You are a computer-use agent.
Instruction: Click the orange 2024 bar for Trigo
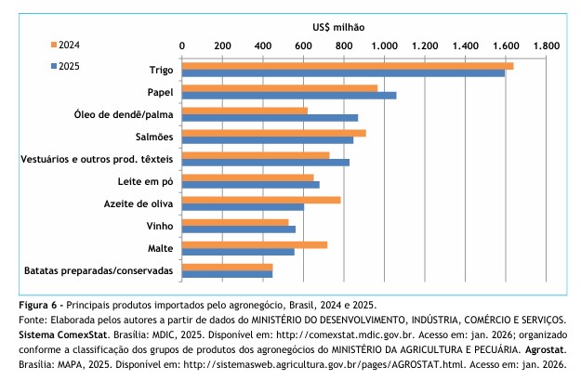coord(348,66)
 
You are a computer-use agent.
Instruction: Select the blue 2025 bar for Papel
coord(289,96)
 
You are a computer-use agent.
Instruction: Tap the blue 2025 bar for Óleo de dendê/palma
coord(270,118)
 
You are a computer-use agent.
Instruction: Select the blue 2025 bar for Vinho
coord(239,229)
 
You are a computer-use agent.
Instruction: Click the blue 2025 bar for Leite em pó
coord(251,185)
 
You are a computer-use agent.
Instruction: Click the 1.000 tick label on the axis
coord(383,45)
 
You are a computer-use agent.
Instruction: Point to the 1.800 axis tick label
coord(546,45)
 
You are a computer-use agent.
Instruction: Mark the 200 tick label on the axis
coord(221,45)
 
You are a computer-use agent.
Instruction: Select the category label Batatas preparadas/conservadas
coord(98,270)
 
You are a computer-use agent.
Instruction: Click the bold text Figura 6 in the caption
coord(40,305)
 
